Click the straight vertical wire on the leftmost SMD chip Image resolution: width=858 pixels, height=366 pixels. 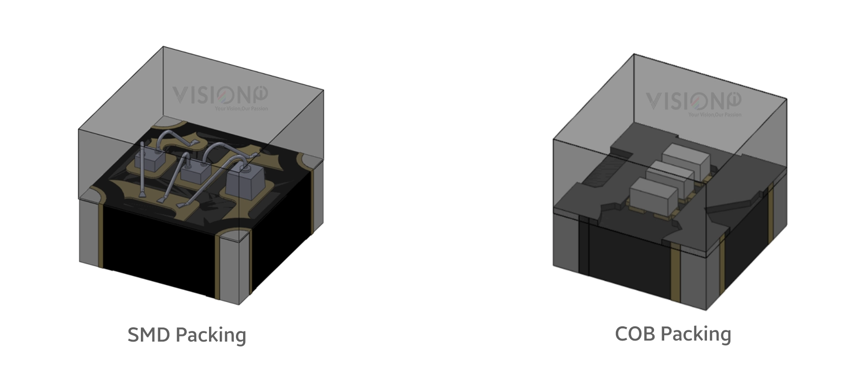[x=142, y=153]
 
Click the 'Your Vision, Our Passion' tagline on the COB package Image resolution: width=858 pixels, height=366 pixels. [x=715, y=115]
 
